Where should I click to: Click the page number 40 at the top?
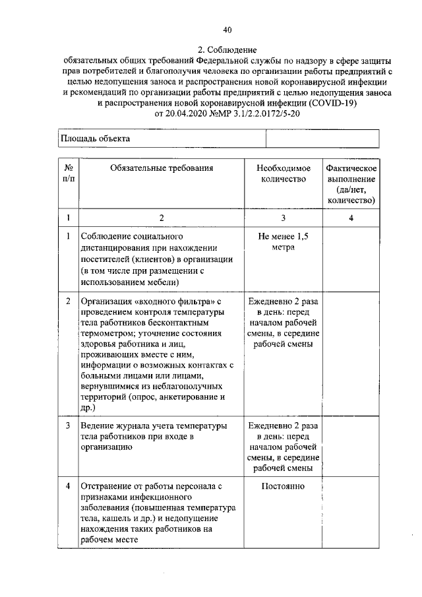227,30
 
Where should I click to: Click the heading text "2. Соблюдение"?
227,49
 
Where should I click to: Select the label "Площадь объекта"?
96,139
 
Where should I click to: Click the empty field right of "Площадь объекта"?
322,139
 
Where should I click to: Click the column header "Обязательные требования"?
162,168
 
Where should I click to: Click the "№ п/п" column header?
68,173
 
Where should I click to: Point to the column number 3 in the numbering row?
283,218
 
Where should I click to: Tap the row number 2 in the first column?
68,301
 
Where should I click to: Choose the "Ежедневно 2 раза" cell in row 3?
283,425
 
